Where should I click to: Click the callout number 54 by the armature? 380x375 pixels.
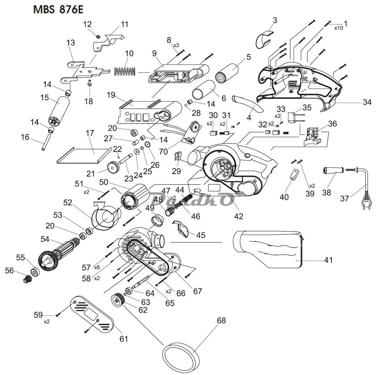click(x=45, y=239)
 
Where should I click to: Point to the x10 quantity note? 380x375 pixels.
click(x=339, y=28)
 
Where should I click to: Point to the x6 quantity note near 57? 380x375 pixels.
click(x=97, y=267)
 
